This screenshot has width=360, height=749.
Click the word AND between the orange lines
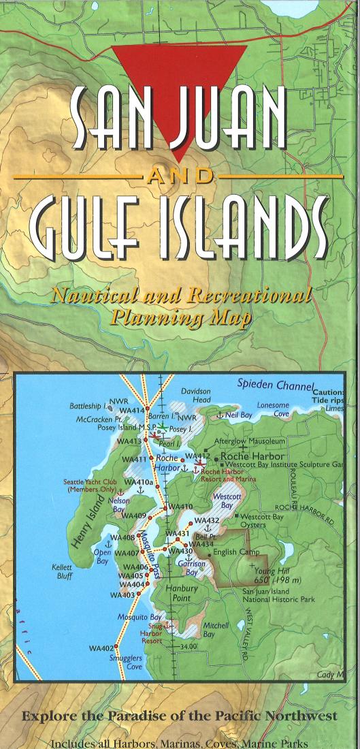click(x=180, y=176)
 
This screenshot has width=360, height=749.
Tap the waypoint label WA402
click(x=100, y=648)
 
